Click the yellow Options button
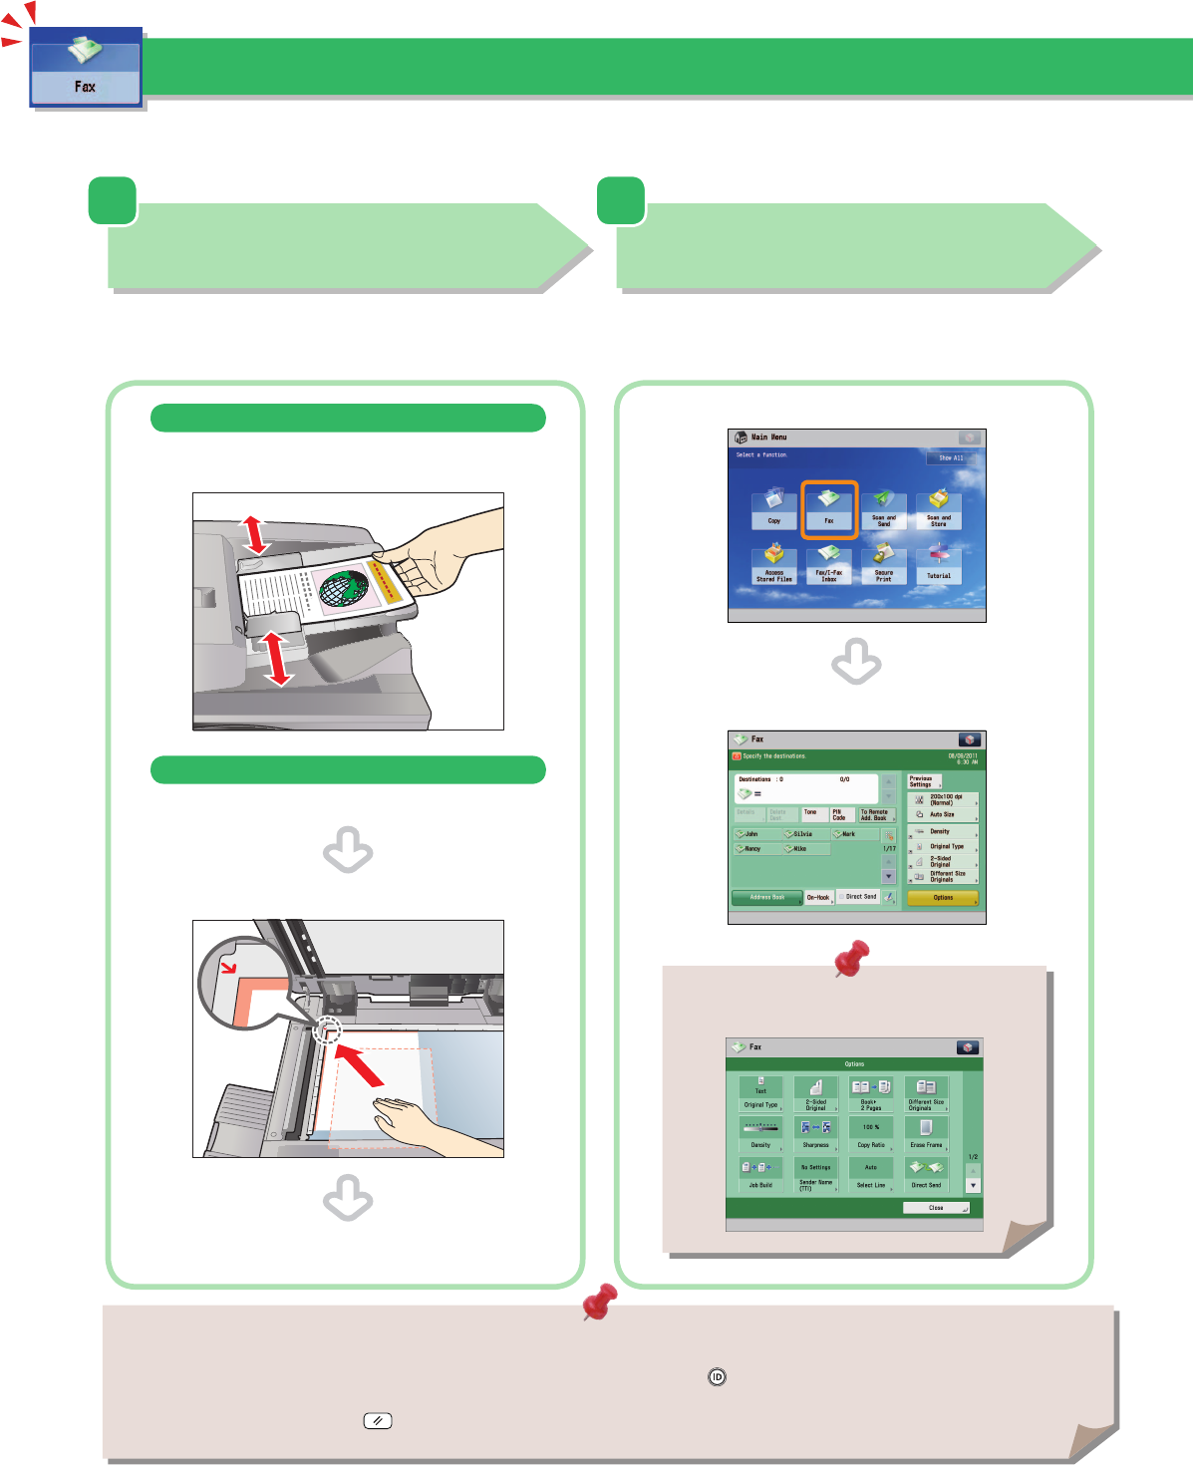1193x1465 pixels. pyautogui.click(x=943, y=898)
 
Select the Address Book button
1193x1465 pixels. pyautogui.click(x=766, y=898)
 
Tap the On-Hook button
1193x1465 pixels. pyautogui.click(x=818, y=898)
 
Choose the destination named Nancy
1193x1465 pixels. pyautogui.click(x=753, y=849)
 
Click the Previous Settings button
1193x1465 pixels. pyautogui.click(x=922, y=781)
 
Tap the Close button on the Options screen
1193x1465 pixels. pyautogui.click(x=936, y=1208)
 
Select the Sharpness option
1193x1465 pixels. pyautogui.click(x=816, y=1132)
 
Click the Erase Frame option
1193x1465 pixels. pyautogui.click(x=926, y=1132)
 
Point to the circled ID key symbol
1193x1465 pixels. pyautogui.click(x=717, y=1377)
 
